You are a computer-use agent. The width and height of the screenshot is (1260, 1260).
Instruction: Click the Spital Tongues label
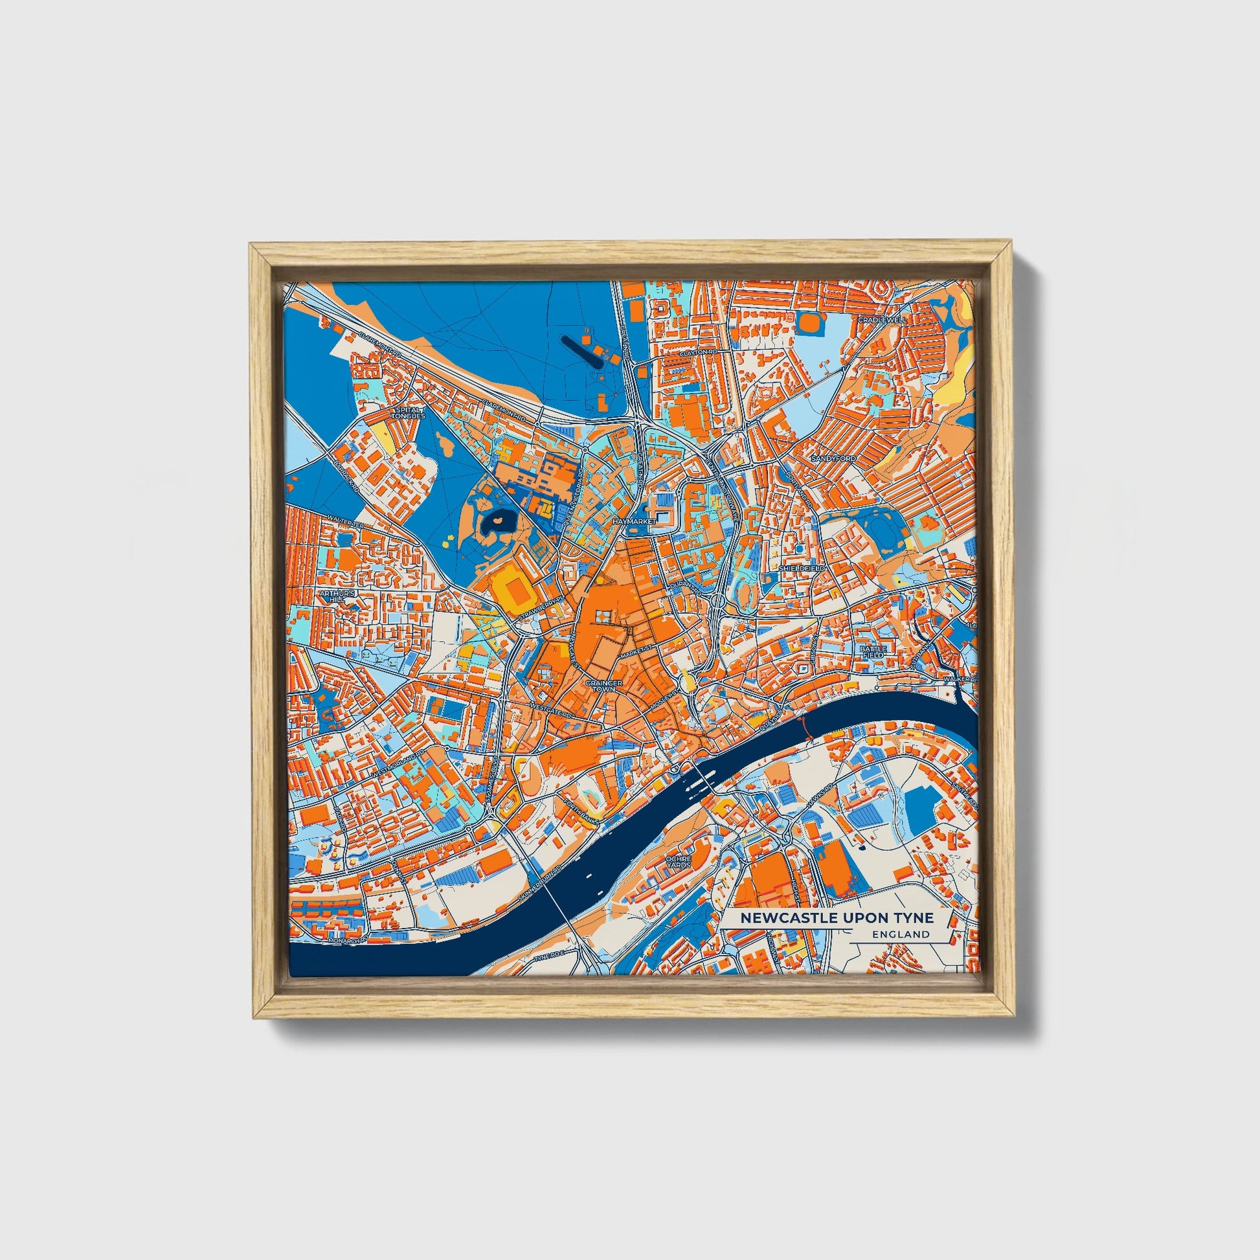(409, 412)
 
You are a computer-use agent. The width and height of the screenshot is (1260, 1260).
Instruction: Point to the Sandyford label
(833, 459)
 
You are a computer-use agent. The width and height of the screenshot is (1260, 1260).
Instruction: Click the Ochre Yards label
(679, 862)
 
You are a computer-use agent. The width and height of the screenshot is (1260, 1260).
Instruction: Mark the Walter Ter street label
(346, 521)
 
